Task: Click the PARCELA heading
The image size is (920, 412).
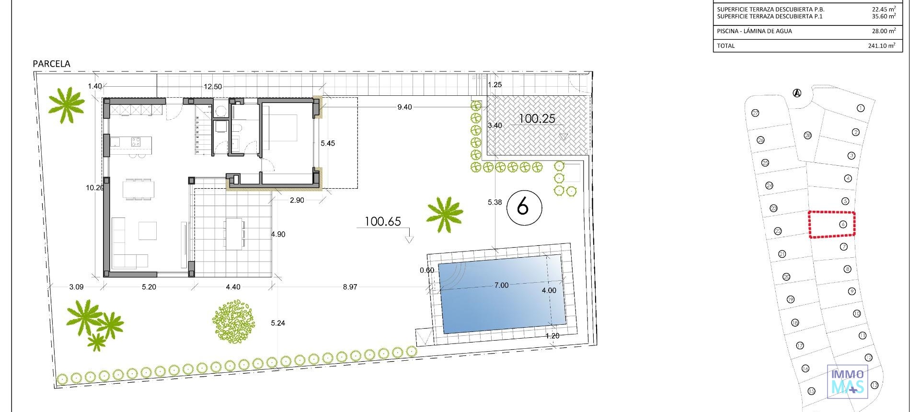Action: click(51, 64)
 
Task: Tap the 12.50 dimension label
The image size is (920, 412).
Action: click(213, 87)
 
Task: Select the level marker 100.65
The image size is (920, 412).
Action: click(382, 221)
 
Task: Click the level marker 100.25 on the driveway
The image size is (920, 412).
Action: click(537, 119)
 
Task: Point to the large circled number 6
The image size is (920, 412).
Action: click(524, 207)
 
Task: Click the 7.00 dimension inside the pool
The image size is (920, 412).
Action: click(501, 286)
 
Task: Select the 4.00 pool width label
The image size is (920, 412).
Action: click(549, 290)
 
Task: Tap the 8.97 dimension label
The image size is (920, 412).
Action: click(350, 287)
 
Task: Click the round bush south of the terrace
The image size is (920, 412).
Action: click(233, 320)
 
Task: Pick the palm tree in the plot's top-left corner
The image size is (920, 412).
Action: click(66, 104)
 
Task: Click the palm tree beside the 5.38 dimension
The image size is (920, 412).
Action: click(445, 214)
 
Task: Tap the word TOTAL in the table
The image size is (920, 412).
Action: click(725, 46)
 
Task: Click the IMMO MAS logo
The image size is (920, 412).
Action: click(847, 381)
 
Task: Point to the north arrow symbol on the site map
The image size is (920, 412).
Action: click(797, 93)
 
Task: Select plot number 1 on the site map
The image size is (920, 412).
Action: click(860, 108)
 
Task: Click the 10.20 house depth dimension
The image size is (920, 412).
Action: click(95, 188)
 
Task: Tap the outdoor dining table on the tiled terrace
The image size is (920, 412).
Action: click(234, 233)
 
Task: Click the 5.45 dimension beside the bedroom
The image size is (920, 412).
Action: click(328, 143)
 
